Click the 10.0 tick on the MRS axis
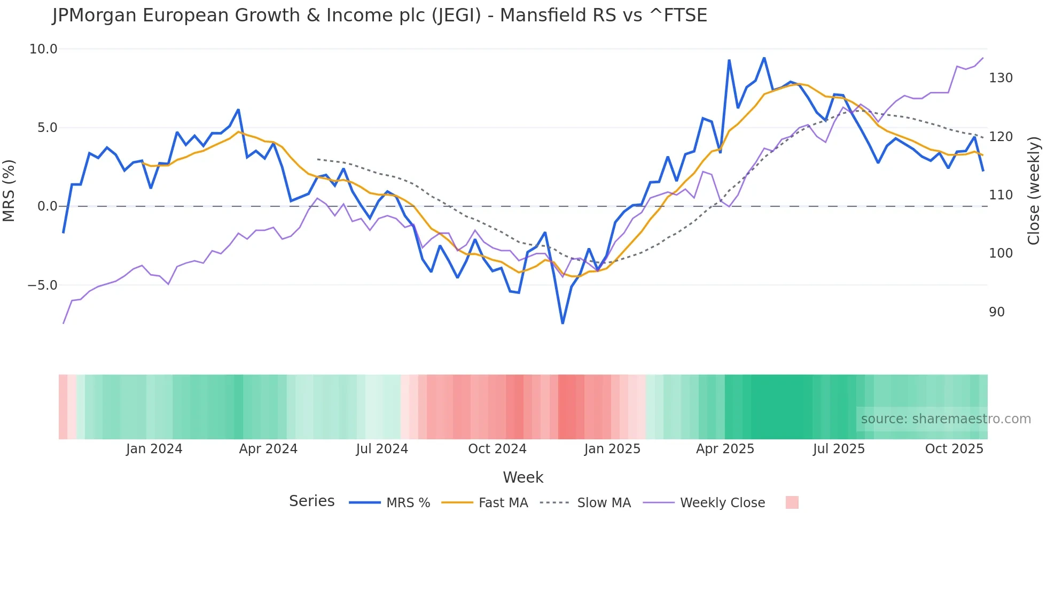[x=43, y=49]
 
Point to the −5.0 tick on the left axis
[x=42, y=285]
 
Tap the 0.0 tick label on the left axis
[x=47, y=206]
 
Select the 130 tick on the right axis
[x=1001, y=78]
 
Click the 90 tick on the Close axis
[x=997, y=312]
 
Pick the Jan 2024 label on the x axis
[x=154, y=449]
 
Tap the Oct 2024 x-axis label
[x=497, y=449]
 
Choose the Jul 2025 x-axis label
[x=839, y=449]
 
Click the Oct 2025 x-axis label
[x=954, y=449]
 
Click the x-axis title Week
[x=523, y=477]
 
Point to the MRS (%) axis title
[x=9, y=191]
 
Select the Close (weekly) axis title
[x=1034, y=191]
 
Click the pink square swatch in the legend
[x=792, y=502]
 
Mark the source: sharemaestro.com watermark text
[x=946, y=419]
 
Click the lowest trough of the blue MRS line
[x=562, y=323]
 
